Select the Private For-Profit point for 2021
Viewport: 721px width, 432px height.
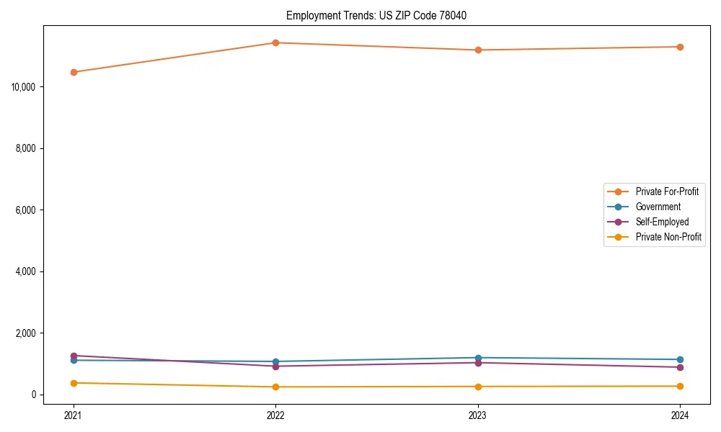(x=74, y=72)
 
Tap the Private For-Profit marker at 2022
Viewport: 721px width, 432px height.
(x=275, y=42)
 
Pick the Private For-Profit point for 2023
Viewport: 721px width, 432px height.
(x=478, y=50)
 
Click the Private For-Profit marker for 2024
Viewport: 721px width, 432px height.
(x=680, y=47)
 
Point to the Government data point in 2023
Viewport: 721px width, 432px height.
(x=478, y=358)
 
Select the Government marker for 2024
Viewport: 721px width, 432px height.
(x=680, y=359)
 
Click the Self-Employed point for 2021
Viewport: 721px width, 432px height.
(x=74, y=356)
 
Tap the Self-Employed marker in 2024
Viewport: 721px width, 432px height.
(x=680, y=367)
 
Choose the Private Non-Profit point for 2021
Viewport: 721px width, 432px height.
(x=74, y=383)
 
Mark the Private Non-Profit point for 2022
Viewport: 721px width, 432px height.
(x=275, y=387)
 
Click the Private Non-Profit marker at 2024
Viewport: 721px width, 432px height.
(x=680, y=386)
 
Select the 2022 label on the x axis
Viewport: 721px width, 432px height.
(x=275, y=415)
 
